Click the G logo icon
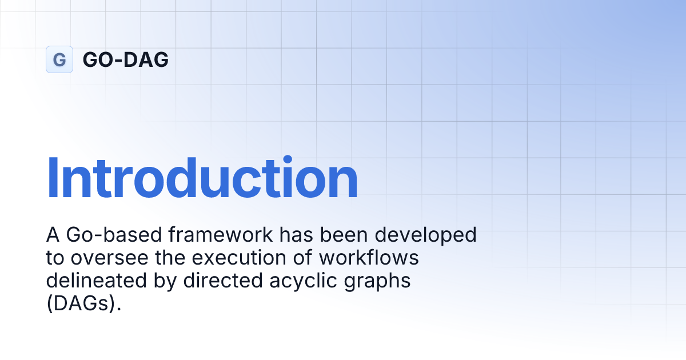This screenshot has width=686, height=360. (x=59, y=59)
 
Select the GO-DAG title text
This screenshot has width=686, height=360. (x=126, y=59)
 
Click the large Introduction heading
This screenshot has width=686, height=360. (x=202, y=178)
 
